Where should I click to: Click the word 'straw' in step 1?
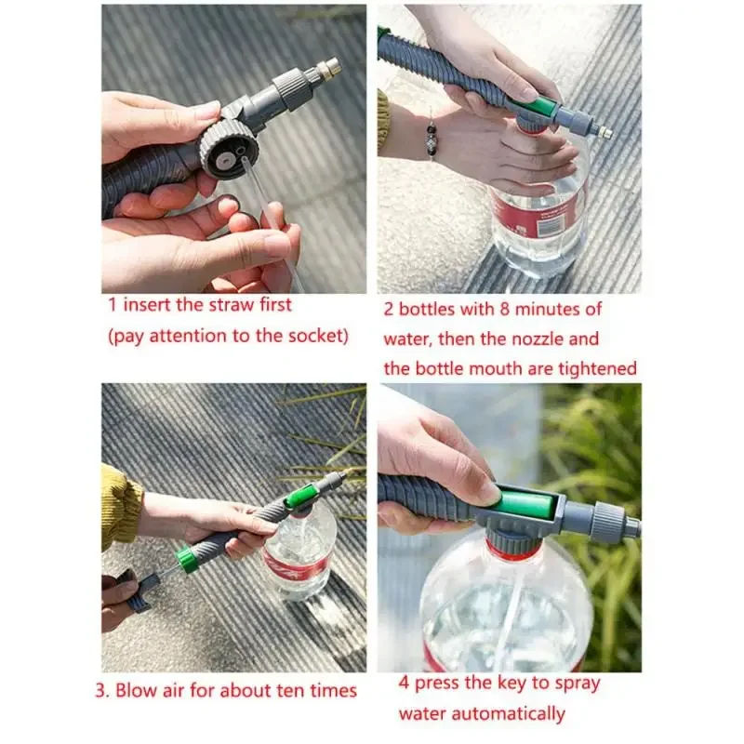click(226, 305)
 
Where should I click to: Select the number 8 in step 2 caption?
click(493, 309)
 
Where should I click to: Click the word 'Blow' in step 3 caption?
click(146, 690)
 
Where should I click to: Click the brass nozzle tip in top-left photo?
click(328, 68)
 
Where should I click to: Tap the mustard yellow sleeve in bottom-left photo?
click(121, 506)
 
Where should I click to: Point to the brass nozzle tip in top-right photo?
click(604, 132)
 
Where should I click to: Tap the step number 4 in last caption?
click(404, 684)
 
